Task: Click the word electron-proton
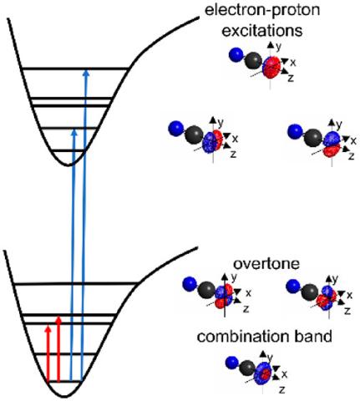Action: point(262,11)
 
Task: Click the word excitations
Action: point(262,31)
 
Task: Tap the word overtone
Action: point(266,264)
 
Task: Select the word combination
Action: point(241,336)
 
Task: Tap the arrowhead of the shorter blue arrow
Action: point(74,133)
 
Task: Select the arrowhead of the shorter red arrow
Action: point(48,328)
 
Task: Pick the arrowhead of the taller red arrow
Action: point(58,320)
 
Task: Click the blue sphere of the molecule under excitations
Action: point(236,54)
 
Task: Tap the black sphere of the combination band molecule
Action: point(247,368)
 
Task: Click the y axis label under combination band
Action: point(270,357)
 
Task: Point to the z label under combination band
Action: point(281,389)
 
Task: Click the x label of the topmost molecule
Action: point(292,63)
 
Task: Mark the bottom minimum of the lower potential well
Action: point(64,396)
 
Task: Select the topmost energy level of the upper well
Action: point(75,69)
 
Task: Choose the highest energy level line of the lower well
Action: point(76,284)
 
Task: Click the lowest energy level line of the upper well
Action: point(68,150)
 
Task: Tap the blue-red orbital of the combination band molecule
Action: point(264,373)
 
